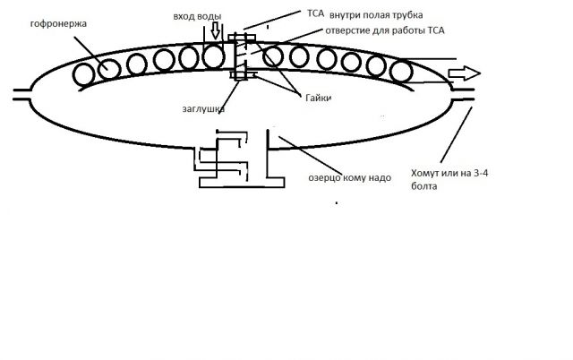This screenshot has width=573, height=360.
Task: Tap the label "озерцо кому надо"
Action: [x=341, y=178]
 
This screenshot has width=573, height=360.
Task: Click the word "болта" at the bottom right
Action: [x=425, y=187]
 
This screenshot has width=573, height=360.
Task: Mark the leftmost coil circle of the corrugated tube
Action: [x=85, y=75]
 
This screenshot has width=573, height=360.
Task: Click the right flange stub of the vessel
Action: [x=466, y=97]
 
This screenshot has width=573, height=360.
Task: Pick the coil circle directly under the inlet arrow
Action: [x=213, y=57]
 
